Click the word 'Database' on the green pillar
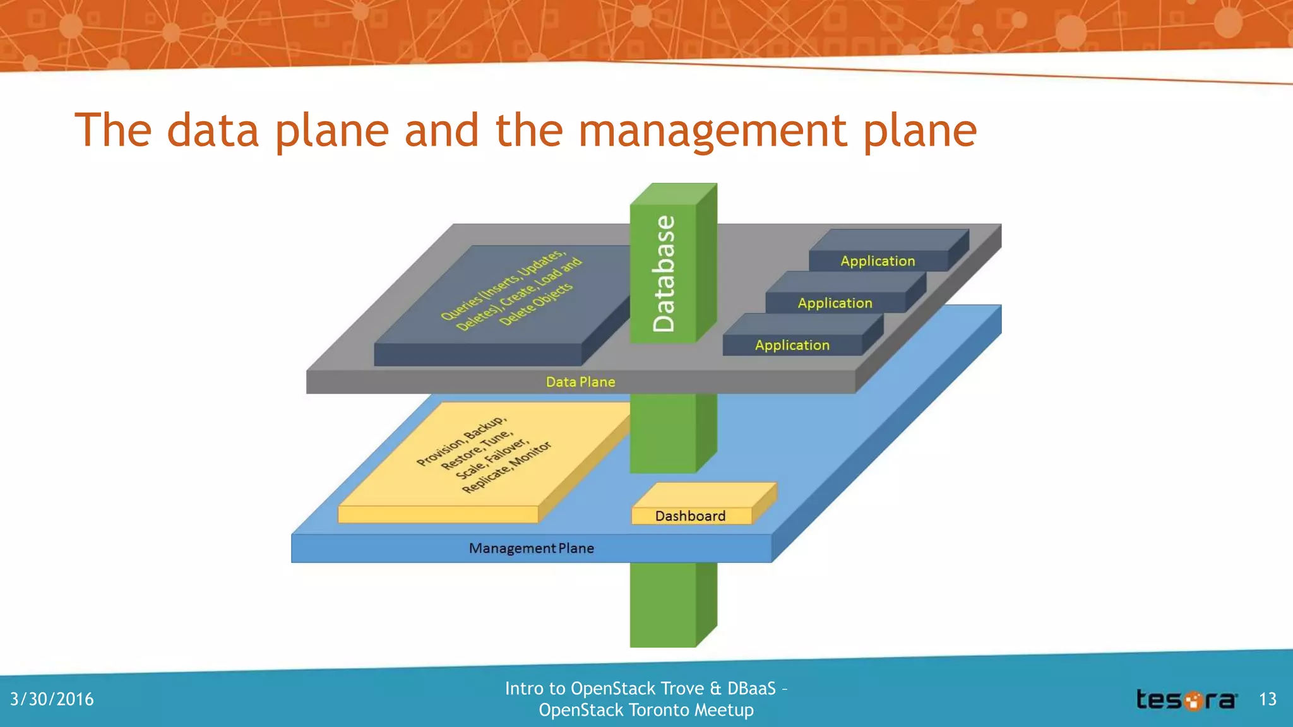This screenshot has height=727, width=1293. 664,274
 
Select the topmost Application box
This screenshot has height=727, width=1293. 878,261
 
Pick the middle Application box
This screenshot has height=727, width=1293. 835,303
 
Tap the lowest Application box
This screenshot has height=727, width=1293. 792,345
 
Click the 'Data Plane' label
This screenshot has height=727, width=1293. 580,382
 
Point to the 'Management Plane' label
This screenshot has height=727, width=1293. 531,548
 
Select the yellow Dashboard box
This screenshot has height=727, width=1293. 691,516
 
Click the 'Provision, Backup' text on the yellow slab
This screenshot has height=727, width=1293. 462,440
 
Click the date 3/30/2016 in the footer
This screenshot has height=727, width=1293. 52,699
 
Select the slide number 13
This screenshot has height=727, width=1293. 1268,699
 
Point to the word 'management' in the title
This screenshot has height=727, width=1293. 713,131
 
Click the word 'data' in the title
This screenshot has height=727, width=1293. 213,131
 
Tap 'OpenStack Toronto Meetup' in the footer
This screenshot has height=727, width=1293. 646,710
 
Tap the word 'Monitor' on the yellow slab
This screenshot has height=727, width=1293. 531,454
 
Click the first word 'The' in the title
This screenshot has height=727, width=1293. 113,131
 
